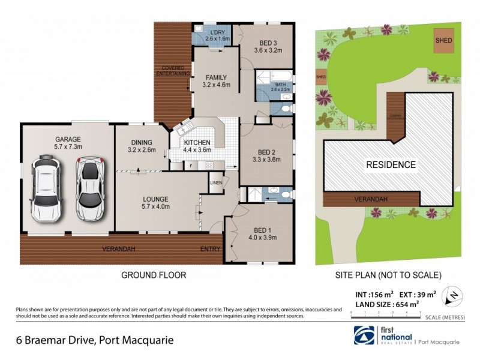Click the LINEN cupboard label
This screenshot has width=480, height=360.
click(x=216, y=182)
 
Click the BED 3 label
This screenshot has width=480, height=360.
click(x=268, y=43)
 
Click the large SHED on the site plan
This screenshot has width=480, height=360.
click(x=444, y=40)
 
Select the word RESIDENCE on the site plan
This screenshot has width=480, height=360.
click(x=391, y=164)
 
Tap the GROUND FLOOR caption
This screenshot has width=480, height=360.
click(x=154, y=275)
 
